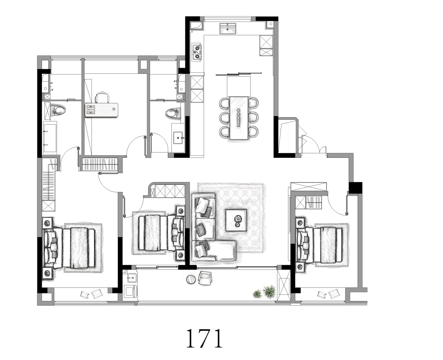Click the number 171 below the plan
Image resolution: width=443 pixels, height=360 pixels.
coord(204,338)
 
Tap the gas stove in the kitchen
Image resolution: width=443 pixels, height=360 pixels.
coord(197,52)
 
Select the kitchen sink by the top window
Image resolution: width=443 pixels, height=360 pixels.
coord(228,29)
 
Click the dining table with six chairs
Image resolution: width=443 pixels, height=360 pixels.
coord(239,118)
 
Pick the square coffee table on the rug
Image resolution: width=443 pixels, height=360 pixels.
coord(236,220)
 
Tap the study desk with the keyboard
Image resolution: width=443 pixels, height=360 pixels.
coord(101,110)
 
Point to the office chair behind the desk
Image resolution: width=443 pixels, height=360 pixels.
coord(102,98)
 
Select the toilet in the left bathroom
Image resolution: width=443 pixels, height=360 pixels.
coord(58,110)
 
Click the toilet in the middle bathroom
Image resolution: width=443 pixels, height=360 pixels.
coord(173,113)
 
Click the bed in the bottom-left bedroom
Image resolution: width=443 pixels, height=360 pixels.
coord(69,248)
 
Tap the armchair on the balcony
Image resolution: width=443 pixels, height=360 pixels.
coord(206,278)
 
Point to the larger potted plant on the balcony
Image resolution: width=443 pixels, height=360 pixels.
coord(269,292)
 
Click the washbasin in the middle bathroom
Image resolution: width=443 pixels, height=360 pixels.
coord(178,137)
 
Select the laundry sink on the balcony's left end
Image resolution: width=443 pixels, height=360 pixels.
coord(132,277)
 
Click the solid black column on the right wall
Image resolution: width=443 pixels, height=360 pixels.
coord(355,188)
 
